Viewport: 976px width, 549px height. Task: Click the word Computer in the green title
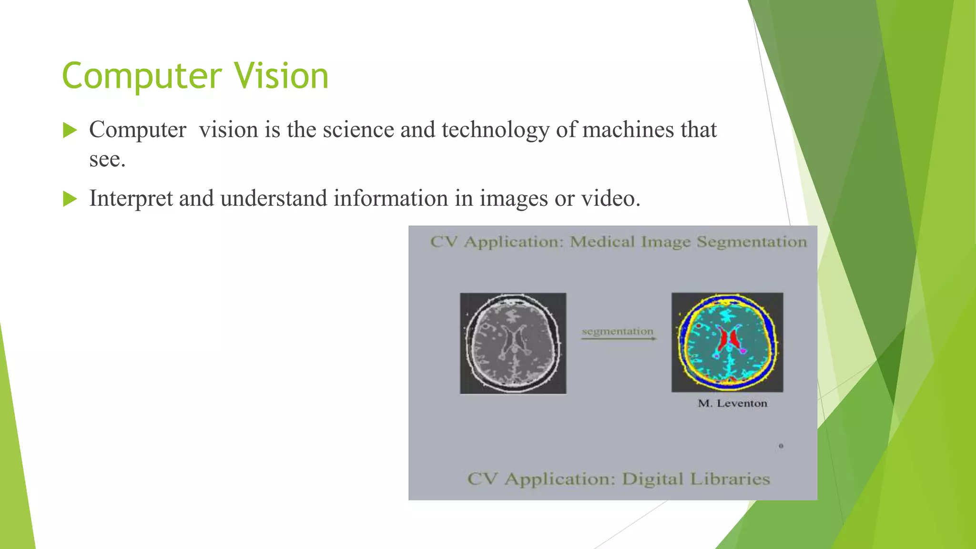142,76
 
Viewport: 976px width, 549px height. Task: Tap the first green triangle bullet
70,130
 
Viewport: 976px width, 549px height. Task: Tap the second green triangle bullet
70,199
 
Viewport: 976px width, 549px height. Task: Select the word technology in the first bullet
496,130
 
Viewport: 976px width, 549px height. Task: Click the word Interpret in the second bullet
131,199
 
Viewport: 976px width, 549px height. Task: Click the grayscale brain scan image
513,343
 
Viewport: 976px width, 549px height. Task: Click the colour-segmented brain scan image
727,342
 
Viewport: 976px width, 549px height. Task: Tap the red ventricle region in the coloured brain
724,339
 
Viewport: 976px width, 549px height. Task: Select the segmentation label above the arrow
618,331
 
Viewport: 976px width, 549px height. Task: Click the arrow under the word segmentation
619,339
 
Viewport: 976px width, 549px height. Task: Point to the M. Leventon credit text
732,404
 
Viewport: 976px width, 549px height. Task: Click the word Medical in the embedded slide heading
602,242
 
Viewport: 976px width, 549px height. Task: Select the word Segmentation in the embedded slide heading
752,242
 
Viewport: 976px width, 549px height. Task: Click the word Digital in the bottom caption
652,479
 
